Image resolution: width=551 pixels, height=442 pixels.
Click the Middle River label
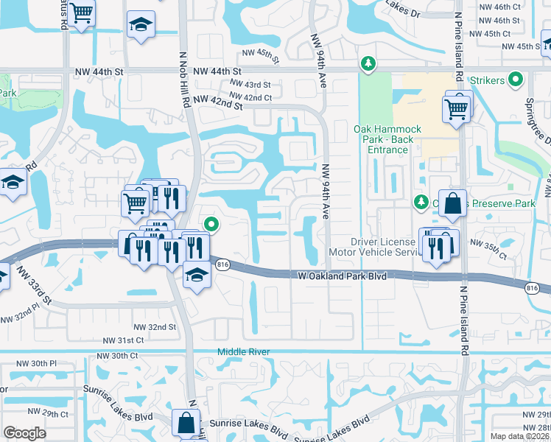click(244, 352)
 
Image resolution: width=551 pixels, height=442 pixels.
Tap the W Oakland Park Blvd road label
click(343, 276)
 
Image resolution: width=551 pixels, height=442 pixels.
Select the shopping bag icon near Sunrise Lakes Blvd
click(186, 424)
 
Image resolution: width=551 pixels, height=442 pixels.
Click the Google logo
click(24, 433)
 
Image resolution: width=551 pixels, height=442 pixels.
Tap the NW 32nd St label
click(155, 326)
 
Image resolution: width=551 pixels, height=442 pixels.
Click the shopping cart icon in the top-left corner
click(82, 12)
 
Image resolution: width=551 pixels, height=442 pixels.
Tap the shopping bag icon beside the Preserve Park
click(452, 203)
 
